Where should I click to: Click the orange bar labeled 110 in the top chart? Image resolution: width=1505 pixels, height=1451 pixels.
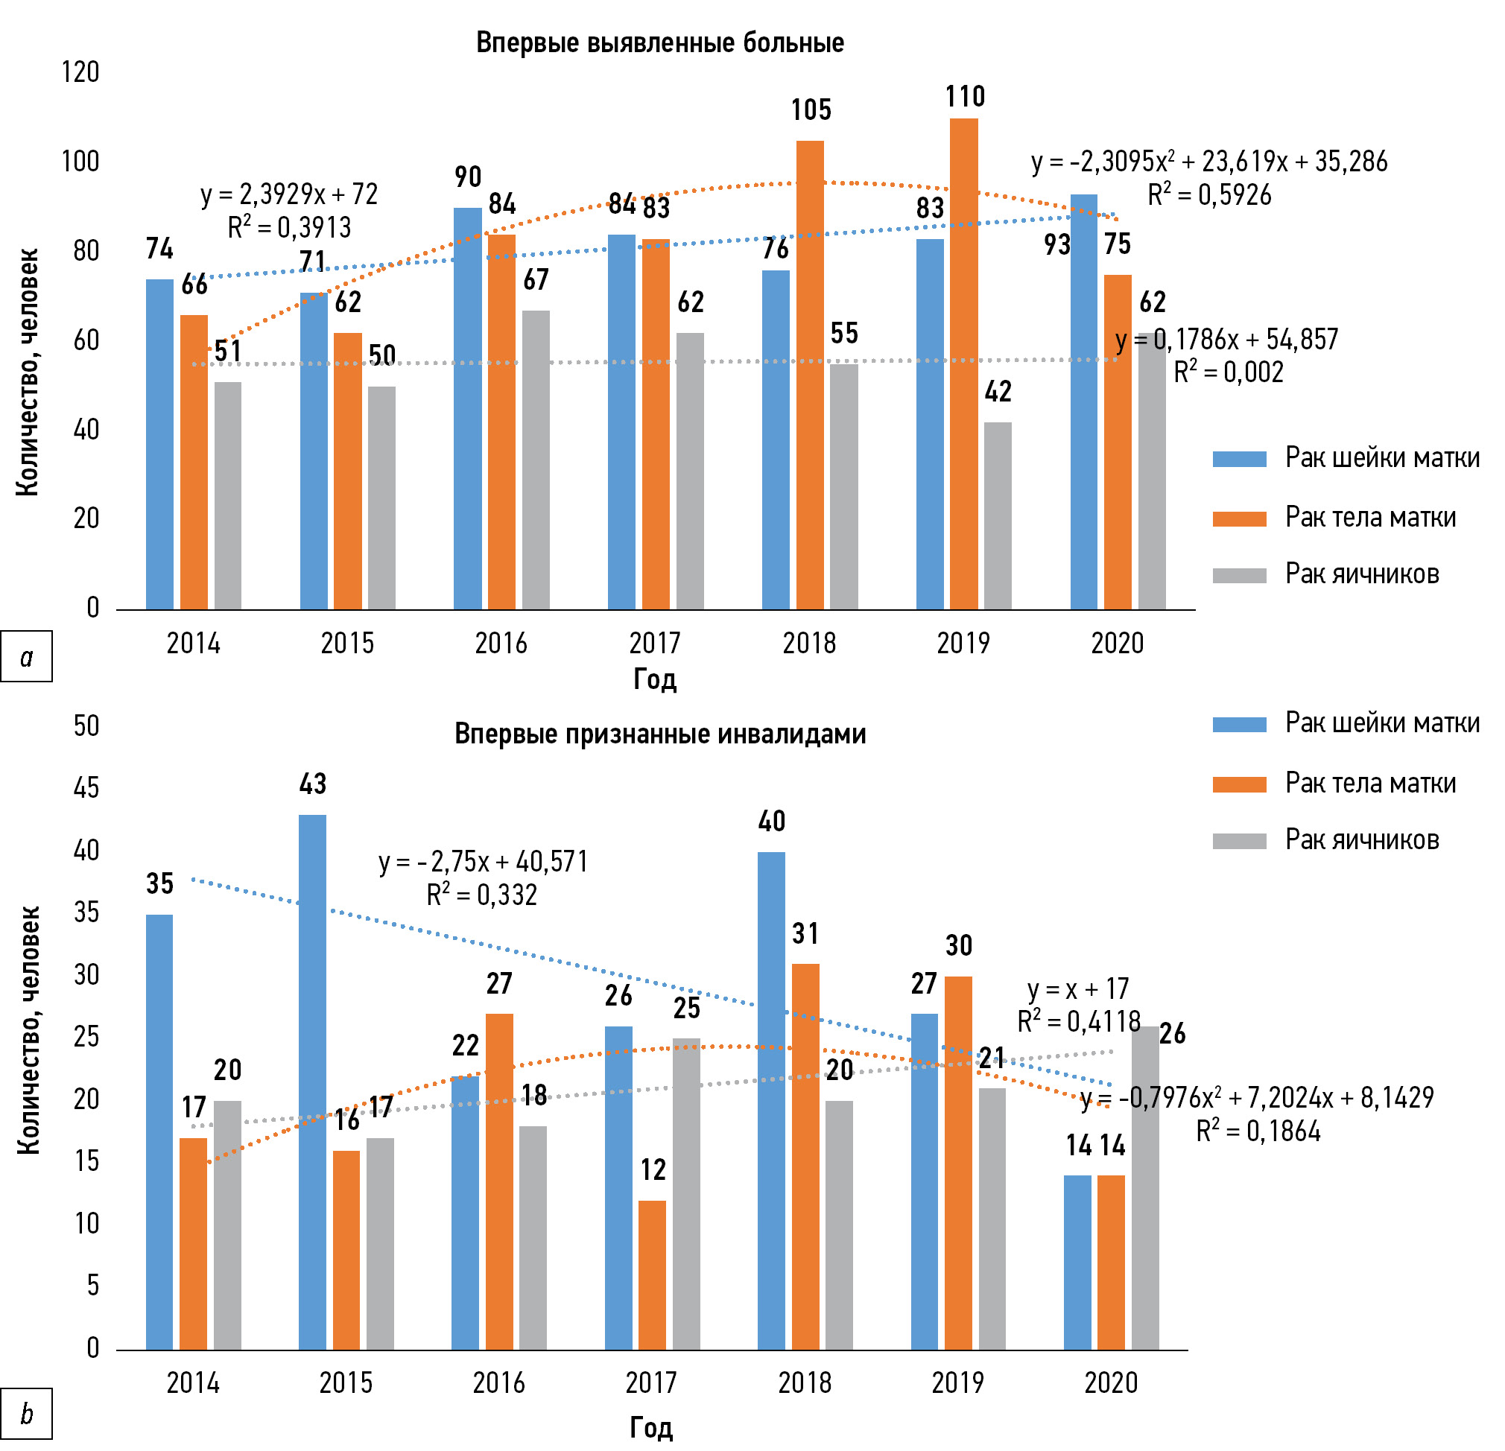tap(963, 364)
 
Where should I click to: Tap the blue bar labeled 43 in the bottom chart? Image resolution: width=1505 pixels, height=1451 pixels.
tap(311, 1082)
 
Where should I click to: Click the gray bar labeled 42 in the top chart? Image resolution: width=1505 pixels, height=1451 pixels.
tap(998, 516)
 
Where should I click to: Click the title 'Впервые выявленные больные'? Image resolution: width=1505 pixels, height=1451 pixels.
tap(659, 43)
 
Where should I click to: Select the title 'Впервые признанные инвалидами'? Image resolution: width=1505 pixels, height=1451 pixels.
tap(659, 734)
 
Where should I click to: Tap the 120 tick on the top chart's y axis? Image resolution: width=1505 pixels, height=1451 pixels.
tap(80, 73)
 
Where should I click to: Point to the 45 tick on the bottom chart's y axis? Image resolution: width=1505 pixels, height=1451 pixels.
tap(86, 787)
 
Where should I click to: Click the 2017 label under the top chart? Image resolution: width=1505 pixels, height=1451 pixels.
tap(654, 644)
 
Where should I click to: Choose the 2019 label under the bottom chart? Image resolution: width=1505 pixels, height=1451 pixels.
tap(957, 1382)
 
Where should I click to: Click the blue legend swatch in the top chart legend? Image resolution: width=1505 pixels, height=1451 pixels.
tap(1238, 459)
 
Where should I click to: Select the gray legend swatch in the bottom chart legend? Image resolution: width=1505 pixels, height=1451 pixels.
tap(1238, 841)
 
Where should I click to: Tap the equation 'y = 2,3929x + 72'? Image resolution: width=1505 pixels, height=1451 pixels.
tap(290, 194)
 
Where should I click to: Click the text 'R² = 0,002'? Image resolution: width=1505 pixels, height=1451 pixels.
tap(1228, 372)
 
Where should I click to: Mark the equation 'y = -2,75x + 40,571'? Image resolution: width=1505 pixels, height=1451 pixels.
tap(484, 862)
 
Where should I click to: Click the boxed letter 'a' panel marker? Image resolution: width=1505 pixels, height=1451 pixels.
tap(27, 656)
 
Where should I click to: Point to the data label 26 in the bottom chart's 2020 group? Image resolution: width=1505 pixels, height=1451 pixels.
tap(1172, 1033)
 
